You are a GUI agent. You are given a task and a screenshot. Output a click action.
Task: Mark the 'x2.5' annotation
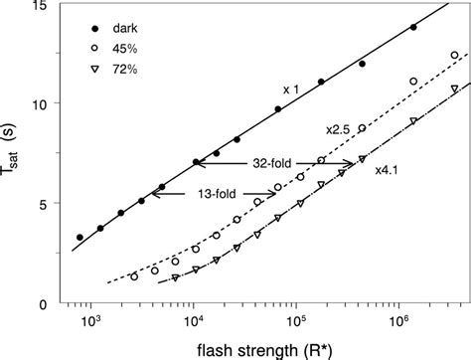click(339, 129)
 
